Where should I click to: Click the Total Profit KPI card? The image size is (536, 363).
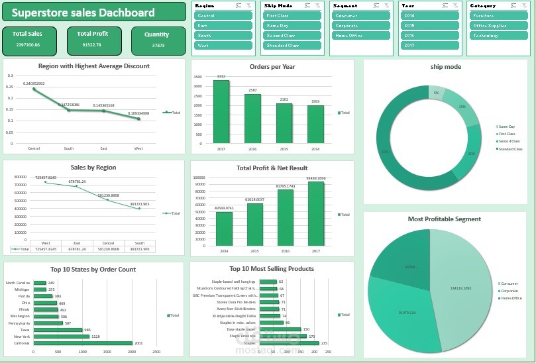92,40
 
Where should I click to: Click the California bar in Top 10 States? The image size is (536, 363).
83,343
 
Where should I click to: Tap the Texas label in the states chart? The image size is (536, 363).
25,330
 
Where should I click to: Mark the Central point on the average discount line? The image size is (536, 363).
34,89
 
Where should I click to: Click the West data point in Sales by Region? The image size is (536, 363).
46,182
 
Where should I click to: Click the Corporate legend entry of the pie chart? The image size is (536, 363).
509,291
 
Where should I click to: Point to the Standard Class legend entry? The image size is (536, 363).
510,149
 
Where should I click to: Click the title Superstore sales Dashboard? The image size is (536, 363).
83,13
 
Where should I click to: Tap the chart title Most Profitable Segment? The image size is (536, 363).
445,219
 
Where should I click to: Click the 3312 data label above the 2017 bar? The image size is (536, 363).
221,76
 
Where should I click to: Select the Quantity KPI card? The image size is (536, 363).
158,40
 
